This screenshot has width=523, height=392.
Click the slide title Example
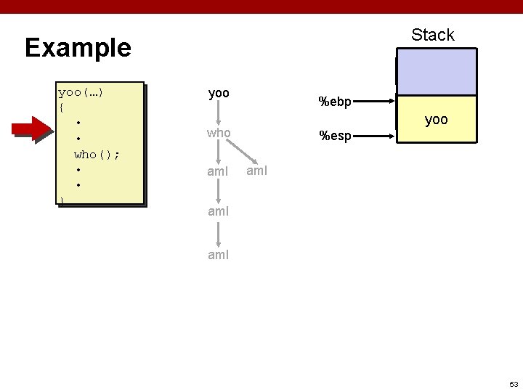tap(78, 48)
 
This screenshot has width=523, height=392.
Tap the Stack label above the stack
tap(432, 35)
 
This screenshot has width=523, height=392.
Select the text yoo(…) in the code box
tap(81, 92)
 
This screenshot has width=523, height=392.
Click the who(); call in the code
tap(97, 154)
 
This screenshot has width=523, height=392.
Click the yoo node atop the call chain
tap(219, 94)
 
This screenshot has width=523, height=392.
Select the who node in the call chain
tap(219, 134)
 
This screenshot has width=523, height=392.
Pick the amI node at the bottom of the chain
tap(219, 255)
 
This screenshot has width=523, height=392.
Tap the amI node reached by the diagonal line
tap(258, 171)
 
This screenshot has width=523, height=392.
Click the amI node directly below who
tap(219, 172)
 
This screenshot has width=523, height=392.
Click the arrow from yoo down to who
tap(219, 113)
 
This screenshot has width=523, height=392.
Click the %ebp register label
tap(336, 102)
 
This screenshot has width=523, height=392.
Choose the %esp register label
tap(336, 135)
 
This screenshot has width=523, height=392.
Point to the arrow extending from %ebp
tap(375, 102)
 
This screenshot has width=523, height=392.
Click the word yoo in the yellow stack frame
tap(436, 120)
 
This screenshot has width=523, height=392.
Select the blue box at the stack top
tap(436, 73)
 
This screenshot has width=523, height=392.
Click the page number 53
tap(513, 383)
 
